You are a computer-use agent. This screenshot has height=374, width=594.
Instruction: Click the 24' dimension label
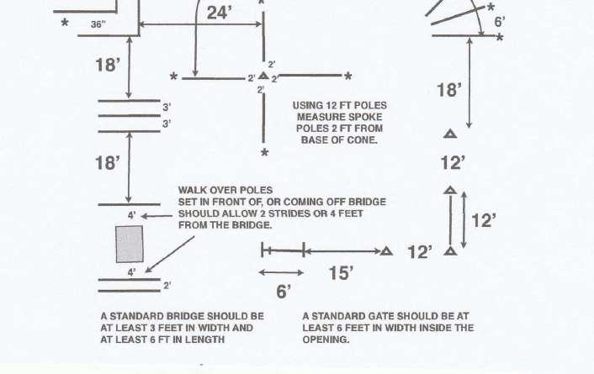tap(219, 13)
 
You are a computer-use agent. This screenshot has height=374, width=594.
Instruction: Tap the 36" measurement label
tap(98, 24)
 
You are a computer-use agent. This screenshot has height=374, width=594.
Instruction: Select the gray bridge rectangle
tap(129, 244)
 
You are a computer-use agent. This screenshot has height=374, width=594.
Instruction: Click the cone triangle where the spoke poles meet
tap(263, 76)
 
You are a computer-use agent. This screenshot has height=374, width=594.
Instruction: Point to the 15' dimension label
tap(340, 272)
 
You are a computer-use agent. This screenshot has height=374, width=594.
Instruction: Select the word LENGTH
tap(202, 340)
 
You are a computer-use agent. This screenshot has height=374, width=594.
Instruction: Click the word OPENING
tap(326, 340)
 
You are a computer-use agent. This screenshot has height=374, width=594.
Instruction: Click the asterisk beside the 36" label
tap(65, 24)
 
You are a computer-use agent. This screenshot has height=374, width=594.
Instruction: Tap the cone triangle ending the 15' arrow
tap(386, 250)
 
